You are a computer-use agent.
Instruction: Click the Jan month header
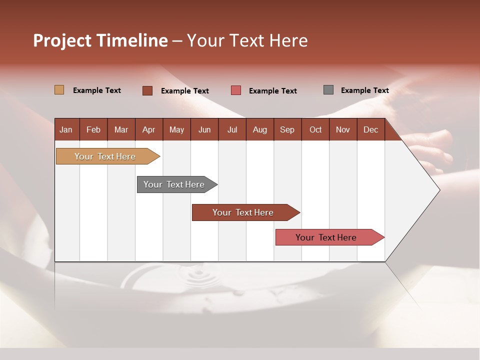click(x=66, y=129)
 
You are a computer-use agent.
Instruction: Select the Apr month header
click(x=149, y=129)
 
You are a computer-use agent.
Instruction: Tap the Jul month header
click(x=232, y=129)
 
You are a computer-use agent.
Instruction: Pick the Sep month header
click(x=287, y=129)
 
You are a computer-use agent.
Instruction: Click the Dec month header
click(x=370, y=129)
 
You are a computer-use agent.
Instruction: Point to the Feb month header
click(x=93, y=129)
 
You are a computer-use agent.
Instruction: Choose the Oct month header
click(x=315, y=129)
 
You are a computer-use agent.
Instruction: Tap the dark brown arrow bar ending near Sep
click(x=243, y=212)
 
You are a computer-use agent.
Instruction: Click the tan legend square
click(x=59, y=90)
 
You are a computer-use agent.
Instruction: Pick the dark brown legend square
click(x=147, y=90)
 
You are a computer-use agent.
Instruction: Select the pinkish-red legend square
click(x=236, y=90)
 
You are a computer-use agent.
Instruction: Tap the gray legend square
click(x=328, y=90)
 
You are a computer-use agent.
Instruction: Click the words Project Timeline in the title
click(x=100, y=40)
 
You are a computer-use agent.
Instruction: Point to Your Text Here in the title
click(x=247, y=40)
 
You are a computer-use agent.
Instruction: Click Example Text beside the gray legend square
click(x=364, y=90)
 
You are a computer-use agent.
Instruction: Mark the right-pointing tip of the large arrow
click(x=438, y=190)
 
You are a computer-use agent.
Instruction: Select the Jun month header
click(x=204, y=129)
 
